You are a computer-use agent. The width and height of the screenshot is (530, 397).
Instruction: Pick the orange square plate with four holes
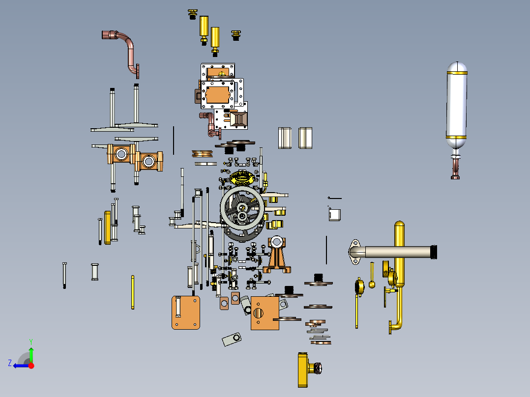(x=185, y=312)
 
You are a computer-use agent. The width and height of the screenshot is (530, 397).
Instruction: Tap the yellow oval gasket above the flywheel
(x=242, y=177)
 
